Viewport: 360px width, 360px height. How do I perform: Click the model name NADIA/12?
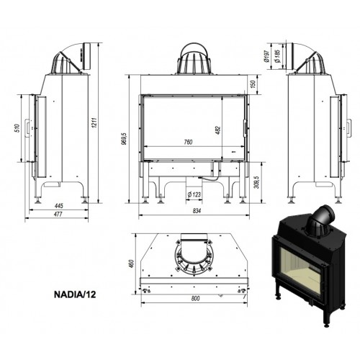tap(75, 294)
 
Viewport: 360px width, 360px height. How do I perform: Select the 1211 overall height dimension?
tap(94, 122)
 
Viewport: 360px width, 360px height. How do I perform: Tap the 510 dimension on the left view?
tap(17, 129)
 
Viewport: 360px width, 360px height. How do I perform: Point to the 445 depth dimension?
tap(59, 206)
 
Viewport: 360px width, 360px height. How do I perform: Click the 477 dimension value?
tap(58, 214)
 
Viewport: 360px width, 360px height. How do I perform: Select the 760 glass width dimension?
tap(188, 142)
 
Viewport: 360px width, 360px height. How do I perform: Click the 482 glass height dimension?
tap(218, 130)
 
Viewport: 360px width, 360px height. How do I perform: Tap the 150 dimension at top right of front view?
tap(253, 84)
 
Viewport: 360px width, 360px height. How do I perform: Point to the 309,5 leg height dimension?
tap(257, 182)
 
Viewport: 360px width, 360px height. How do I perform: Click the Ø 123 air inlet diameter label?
tap(194, 194)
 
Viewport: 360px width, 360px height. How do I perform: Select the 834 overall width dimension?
tap(197, 211)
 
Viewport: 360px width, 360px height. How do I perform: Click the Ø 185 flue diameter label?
tap(277, 56)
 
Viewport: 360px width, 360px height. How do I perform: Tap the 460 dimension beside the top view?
tap(131, 264)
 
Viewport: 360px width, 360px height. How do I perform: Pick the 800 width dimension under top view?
tap(196, 299)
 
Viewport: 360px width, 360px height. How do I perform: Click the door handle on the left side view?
tap(28, 127)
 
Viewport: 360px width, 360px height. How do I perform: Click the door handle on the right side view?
tap(349, 128)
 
